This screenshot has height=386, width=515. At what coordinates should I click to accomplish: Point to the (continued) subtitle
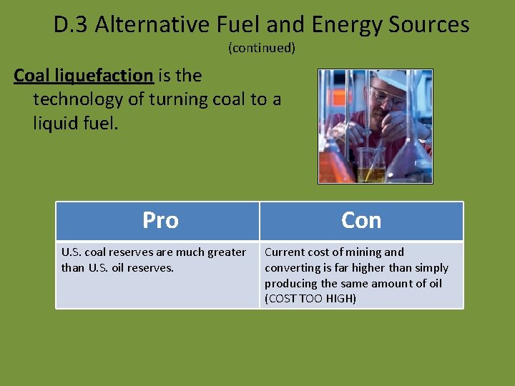(x=261, y=48)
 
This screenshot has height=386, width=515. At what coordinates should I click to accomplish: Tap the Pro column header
(x=160, y=220)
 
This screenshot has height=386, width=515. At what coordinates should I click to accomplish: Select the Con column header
(x=361, y=220)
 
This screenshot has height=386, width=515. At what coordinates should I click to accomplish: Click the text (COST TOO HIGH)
(x=310, y=299)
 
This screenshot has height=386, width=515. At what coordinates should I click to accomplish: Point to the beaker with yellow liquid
(x=371, y=168)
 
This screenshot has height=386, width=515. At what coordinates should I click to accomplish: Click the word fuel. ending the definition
(x=102, y=123)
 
